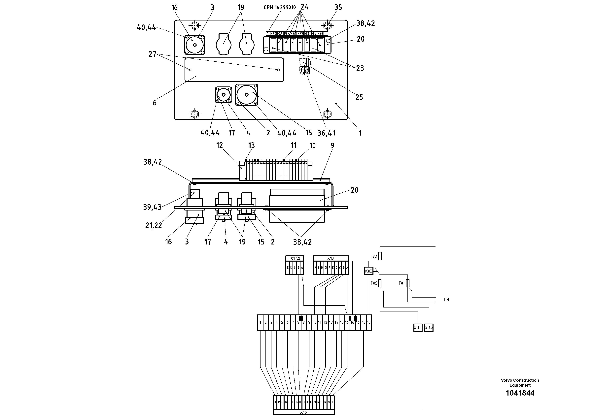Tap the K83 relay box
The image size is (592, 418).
tap(369, 271)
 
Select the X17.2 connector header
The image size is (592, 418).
tap(295, 258)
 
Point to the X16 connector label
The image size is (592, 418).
tap(303, 412)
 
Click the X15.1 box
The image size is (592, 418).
tap(418, 328)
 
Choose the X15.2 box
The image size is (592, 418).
tap(429, 328)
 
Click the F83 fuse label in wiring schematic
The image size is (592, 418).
tap(374, 256)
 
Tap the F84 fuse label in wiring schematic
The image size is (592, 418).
tap(402, 283)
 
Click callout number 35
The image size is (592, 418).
tap(338, 8)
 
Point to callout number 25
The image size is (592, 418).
tap(359, 97)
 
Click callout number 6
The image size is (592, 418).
tap(155, 103)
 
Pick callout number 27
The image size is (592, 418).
tap(152, 54)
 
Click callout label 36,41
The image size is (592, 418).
tap(326, 133)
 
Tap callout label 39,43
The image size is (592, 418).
tap(152, 207)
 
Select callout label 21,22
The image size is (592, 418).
tap(153, 225)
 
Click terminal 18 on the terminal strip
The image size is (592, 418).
tap(369, 322)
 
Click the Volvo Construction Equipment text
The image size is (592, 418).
tap(520, 382)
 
